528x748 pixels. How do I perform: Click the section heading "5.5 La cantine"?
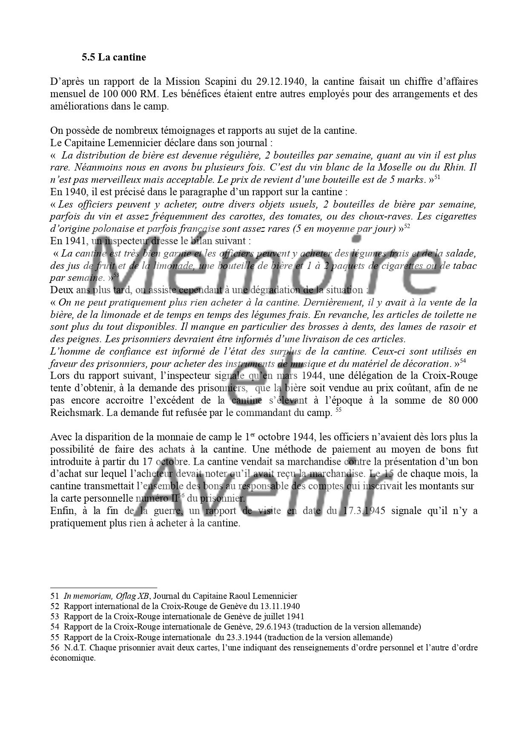(114, 57)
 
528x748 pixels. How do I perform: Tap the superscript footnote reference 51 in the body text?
(437, 177)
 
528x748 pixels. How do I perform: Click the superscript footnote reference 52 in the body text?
(407, 226)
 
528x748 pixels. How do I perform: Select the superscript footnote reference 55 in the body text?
(339, 410)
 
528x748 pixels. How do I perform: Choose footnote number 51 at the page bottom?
(55, 596)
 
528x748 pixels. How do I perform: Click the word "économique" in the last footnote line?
(72, 658)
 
